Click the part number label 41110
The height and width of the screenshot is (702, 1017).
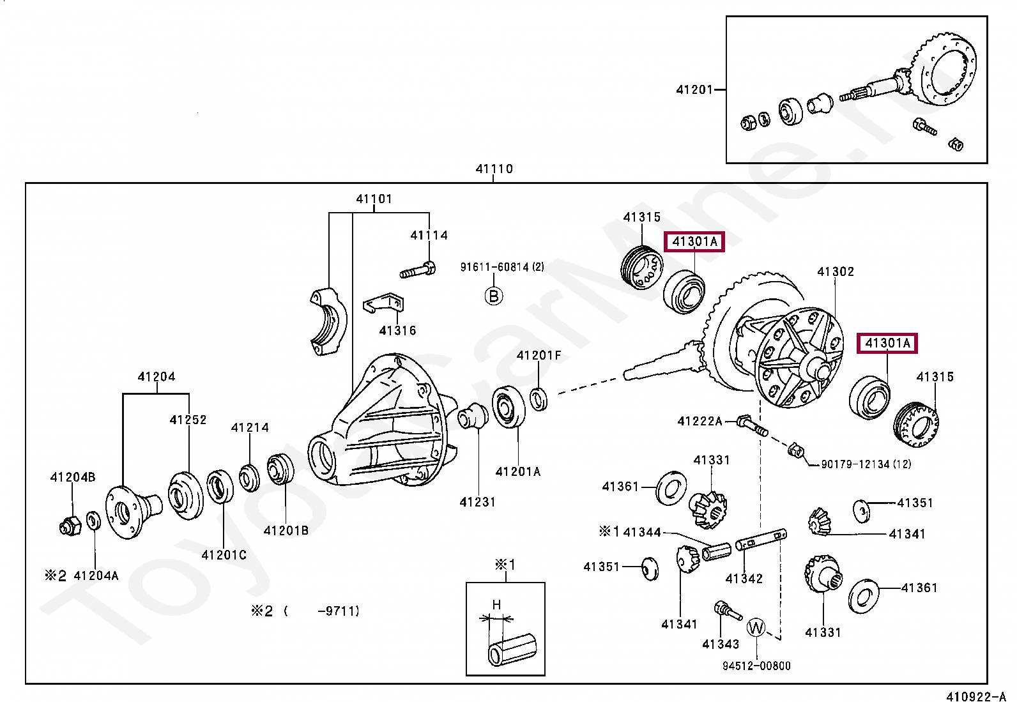pos(494,169)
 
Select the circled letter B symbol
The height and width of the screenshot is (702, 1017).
pos(493,296)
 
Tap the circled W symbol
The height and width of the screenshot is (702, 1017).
pos(756,627)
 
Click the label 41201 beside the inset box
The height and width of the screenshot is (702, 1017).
pos(694,90)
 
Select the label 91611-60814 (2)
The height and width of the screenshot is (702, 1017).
pos(502,267)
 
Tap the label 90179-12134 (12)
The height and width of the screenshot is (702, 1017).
pos(866,464)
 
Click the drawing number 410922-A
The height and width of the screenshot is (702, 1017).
pos(975,696)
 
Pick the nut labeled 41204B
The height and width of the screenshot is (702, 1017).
pos(70,526)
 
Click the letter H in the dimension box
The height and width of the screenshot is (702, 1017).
pos(496,604)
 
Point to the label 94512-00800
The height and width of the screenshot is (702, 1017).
pos(756,666)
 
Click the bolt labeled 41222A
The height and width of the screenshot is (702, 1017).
pos(752,425)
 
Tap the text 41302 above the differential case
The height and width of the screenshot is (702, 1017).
pos(836,272)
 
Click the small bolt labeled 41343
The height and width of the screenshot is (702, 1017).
pos(727,610)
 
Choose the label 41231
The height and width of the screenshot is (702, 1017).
pos(477,503)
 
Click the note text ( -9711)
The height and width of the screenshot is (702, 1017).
pos(322,611)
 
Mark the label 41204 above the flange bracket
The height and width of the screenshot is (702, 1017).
pos(157,377)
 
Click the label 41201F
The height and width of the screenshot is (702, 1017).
pos(539,356)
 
